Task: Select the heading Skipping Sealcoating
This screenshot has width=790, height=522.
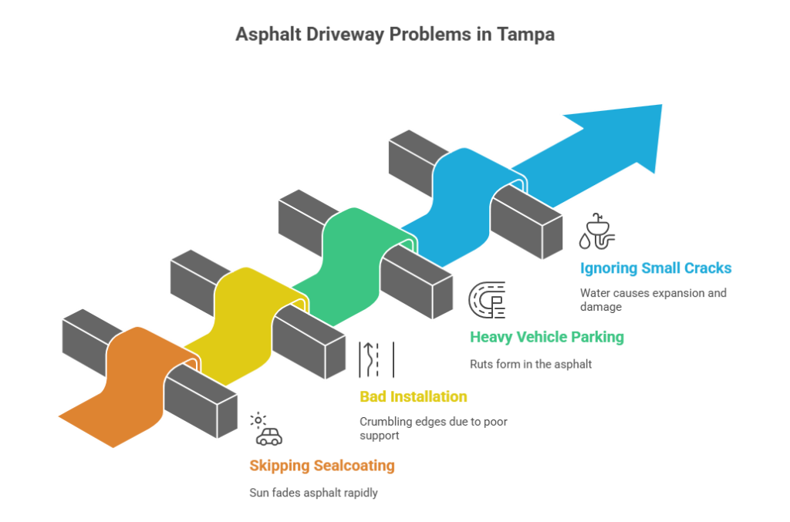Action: point(322,466)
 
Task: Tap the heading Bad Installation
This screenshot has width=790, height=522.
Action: point(414,398)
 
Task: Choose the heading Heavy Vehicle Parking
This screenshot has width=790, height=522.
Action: point(547,337)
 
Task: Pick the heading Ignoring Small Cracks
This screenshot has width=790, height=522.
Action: point(656,269)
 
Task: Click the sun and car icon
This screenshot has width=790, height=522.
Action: point(266,429)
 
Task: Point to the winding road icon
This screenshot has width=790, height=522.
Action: point(376,360)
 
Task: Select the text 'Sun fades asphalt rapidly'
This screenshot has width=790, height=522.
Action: point(313,493)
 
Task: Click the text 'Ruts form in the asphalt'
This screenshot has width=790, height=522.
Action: point(531,364)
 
